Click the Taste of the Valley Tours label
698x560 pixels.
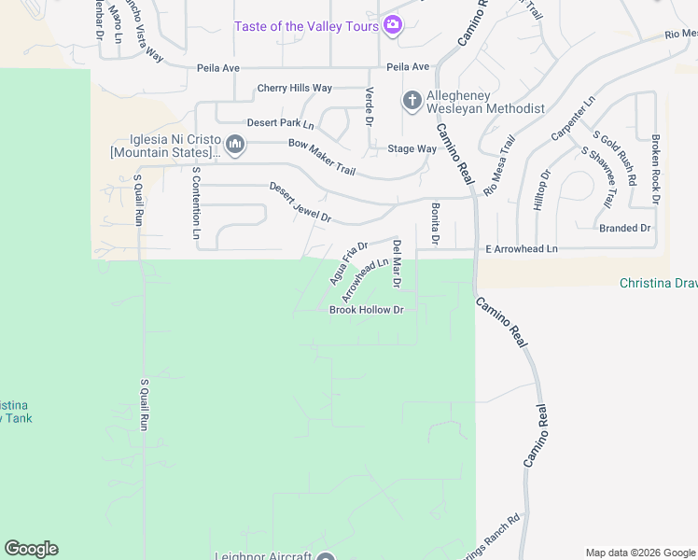[x=306, y=26]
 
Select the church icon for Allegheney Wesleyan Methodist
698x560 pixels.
[x=412, y=100]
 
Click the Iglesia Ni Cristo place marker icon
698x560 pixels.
[x=235, y=144]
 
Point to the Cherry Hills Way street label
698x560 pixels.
[x=295, y=89]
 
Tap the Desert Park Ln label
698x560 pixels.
[x=280, y=123]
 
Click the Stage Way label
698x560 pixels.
[x=412, y=148]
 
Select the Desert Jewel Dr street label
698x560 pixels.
[x=300, y=202]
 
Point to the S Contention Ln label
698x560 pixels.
[x=196, y=203]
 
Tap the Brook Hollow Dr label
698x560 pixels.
[x=367, y=310]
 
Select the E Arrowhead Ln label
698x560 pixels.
[x=521, y=249]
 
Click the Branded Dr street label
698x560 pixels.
[x=624, y=228]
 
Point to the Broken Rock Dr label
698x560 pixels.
[x=656, y=169]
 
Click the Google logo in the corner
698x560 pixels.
[x=31, y=549]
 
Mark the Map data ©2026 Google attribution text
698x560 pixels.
[x=639, y=553]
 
